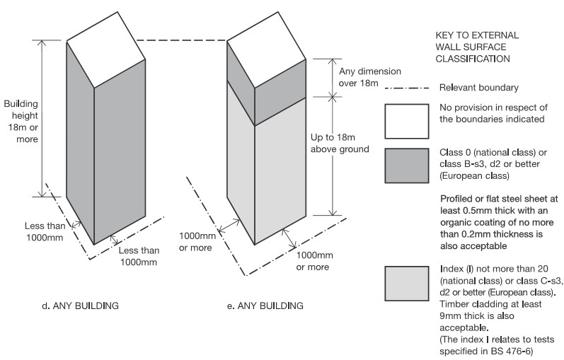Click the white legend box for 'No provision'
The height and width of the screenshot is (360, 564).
pyautogui.click(x=406, y=121)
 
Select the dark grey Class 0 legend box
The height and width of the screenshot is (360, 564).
pyautogui.click(x=406, y=166)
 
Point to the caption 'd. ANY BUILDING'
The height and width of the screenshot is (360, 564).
pyautogui.click(x=80, y=306)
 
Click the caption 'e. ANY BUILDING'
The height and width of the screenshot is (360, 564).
pyautogui.click(x=265, y=306)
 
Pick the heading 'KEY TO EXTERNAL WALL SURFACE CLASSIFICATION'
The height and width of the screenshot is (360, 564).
pyautogui.click(x=478, y=47)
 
